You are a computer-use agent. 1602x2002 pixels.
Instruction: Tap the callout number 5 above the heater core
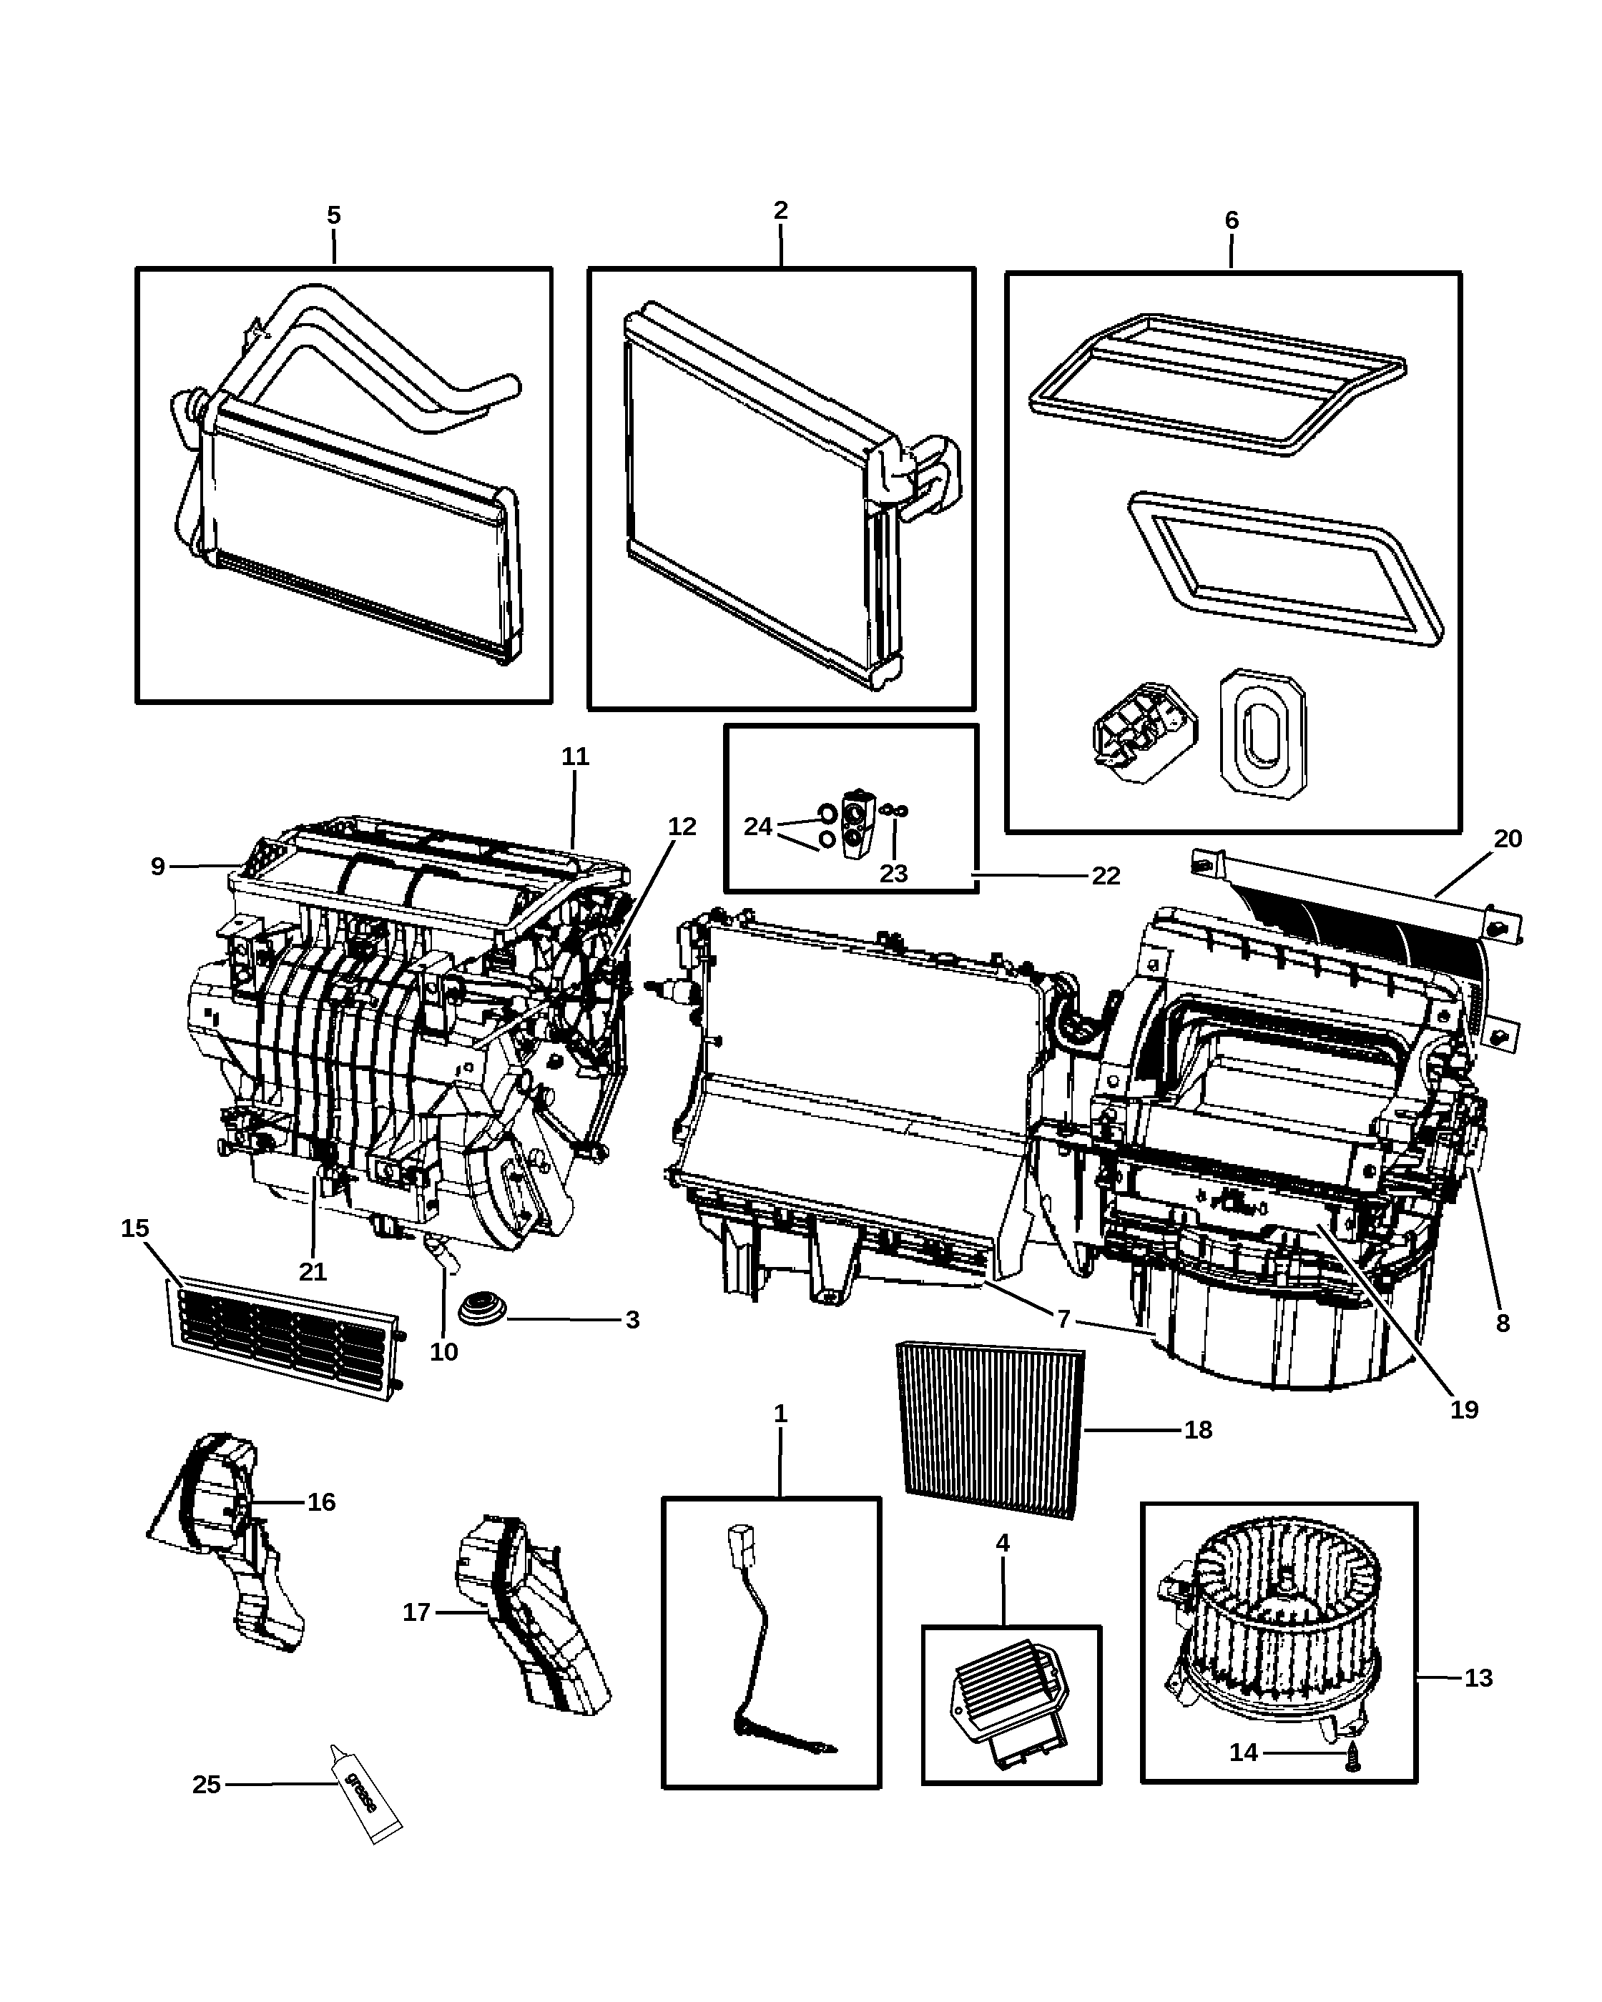click(x=333, y=215)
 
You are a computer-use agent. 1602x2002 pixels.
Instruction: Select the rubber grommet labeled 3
click(x=483, y=1308)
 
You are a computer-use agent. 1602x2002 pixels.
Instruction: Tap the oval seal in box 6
click(x=1262, y=734)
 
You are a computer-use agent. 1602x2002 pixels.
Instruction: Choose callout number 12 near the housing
click(x=682, y=827)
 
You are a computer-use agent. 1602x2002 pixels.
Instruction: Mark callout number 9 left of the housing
click(x=158, y=867)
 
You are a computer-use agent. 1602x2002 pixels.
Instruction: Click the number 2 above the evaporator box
click(x=780, y=211)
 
